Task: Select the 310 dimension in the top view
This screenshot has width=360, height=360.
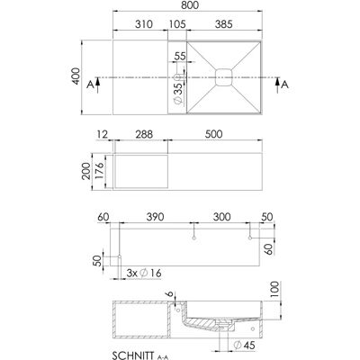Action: click(x=144, y=24)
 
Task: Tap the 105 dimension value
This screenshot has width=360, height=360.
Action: click(x=177, y=24)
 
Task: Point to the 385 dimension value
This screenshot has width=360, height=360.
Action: click(x=223, y=24)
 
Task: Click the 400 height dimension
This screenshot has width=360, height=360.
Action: click(x=76, y=76)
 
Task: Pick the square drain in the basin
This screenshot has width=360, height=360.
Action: click(x=224, y=77)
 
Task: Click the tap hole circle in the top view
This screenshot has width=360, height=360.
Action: click(x=177, y=77)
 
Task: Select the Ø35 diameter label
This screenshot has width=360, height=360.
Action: click(x=178, y=94)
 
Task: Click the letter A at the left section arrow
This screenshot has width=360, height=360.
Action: click(x=90, y=85)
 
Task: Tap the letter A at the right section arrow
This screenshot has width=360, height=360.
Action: click(x=284, y=85)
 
